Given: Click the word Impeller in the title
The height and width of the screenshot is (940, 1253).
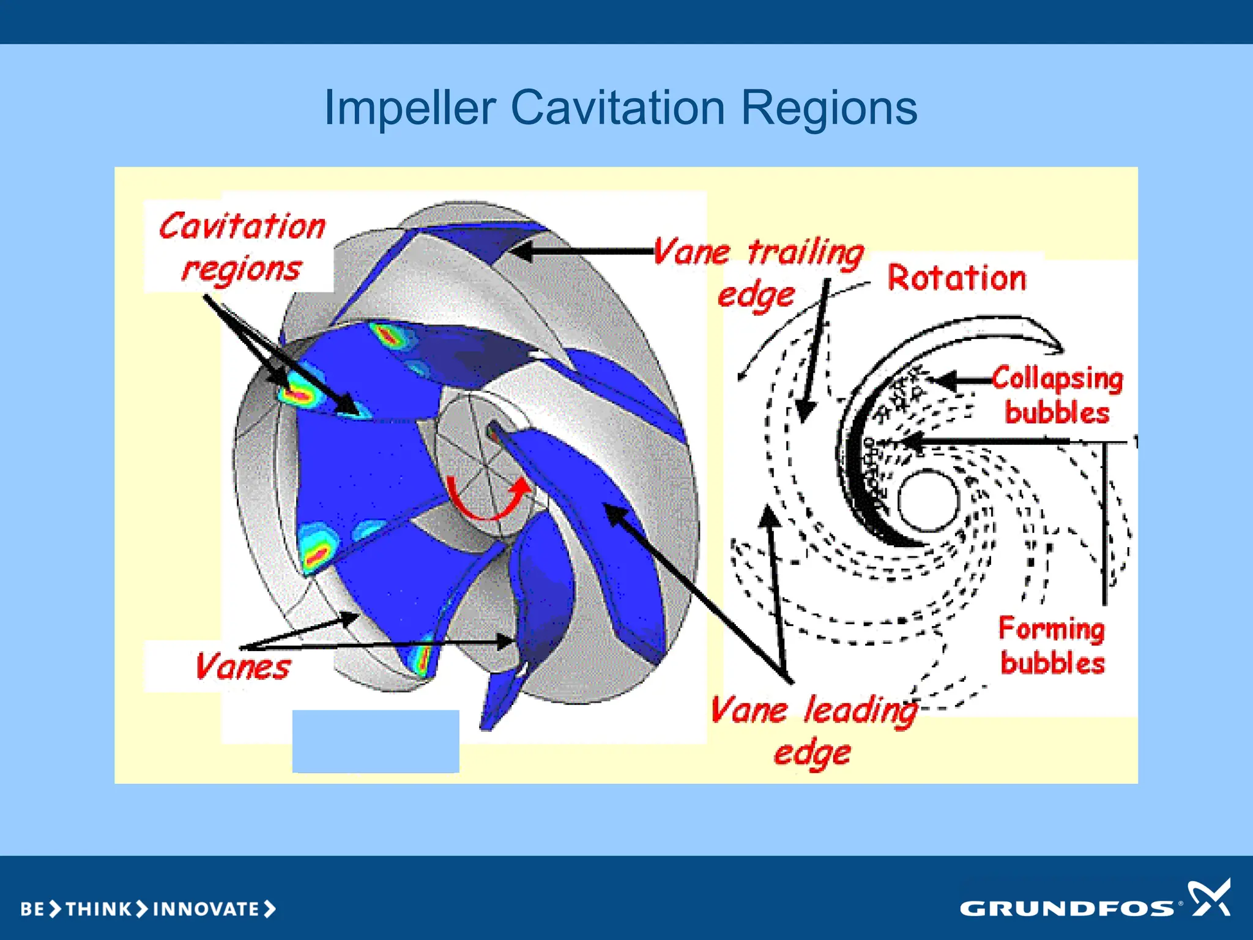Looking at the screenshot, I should (409, 108).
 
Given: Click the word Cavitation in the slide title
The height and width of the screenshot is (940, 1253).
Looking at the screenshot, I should (617, 108).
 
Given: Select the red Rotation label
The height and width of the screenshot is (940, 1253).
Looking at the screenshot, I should (956, 278).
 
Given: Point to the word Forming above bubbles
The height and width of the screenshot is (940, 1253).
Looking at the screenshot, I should (1052, 629).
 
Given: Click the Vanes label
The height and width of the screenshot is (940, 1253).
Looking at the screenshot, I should (242, 666).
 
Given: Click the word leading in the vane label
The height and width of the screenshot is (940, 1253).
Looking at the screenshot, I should (860, 711).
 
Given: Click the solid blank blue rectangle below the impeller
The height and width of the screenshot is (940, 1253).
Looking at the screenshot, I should (376, 741).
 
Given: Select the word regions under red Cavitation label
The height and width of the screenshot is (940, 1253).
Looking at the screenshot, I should (241, 269).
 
